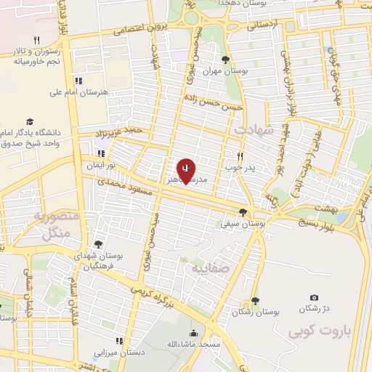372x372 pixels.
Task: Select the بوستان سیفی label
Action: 242,225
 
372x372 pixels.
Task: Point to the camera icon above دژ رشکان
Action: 314,297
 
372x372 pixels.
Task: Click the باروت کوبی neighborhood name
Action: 318,333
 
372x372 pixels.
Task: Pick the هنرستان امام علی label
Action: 78,92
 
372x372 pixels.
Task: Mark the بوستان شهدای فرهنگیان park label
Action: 100,261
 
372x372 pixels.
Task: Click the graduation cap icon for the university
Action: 30,121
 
